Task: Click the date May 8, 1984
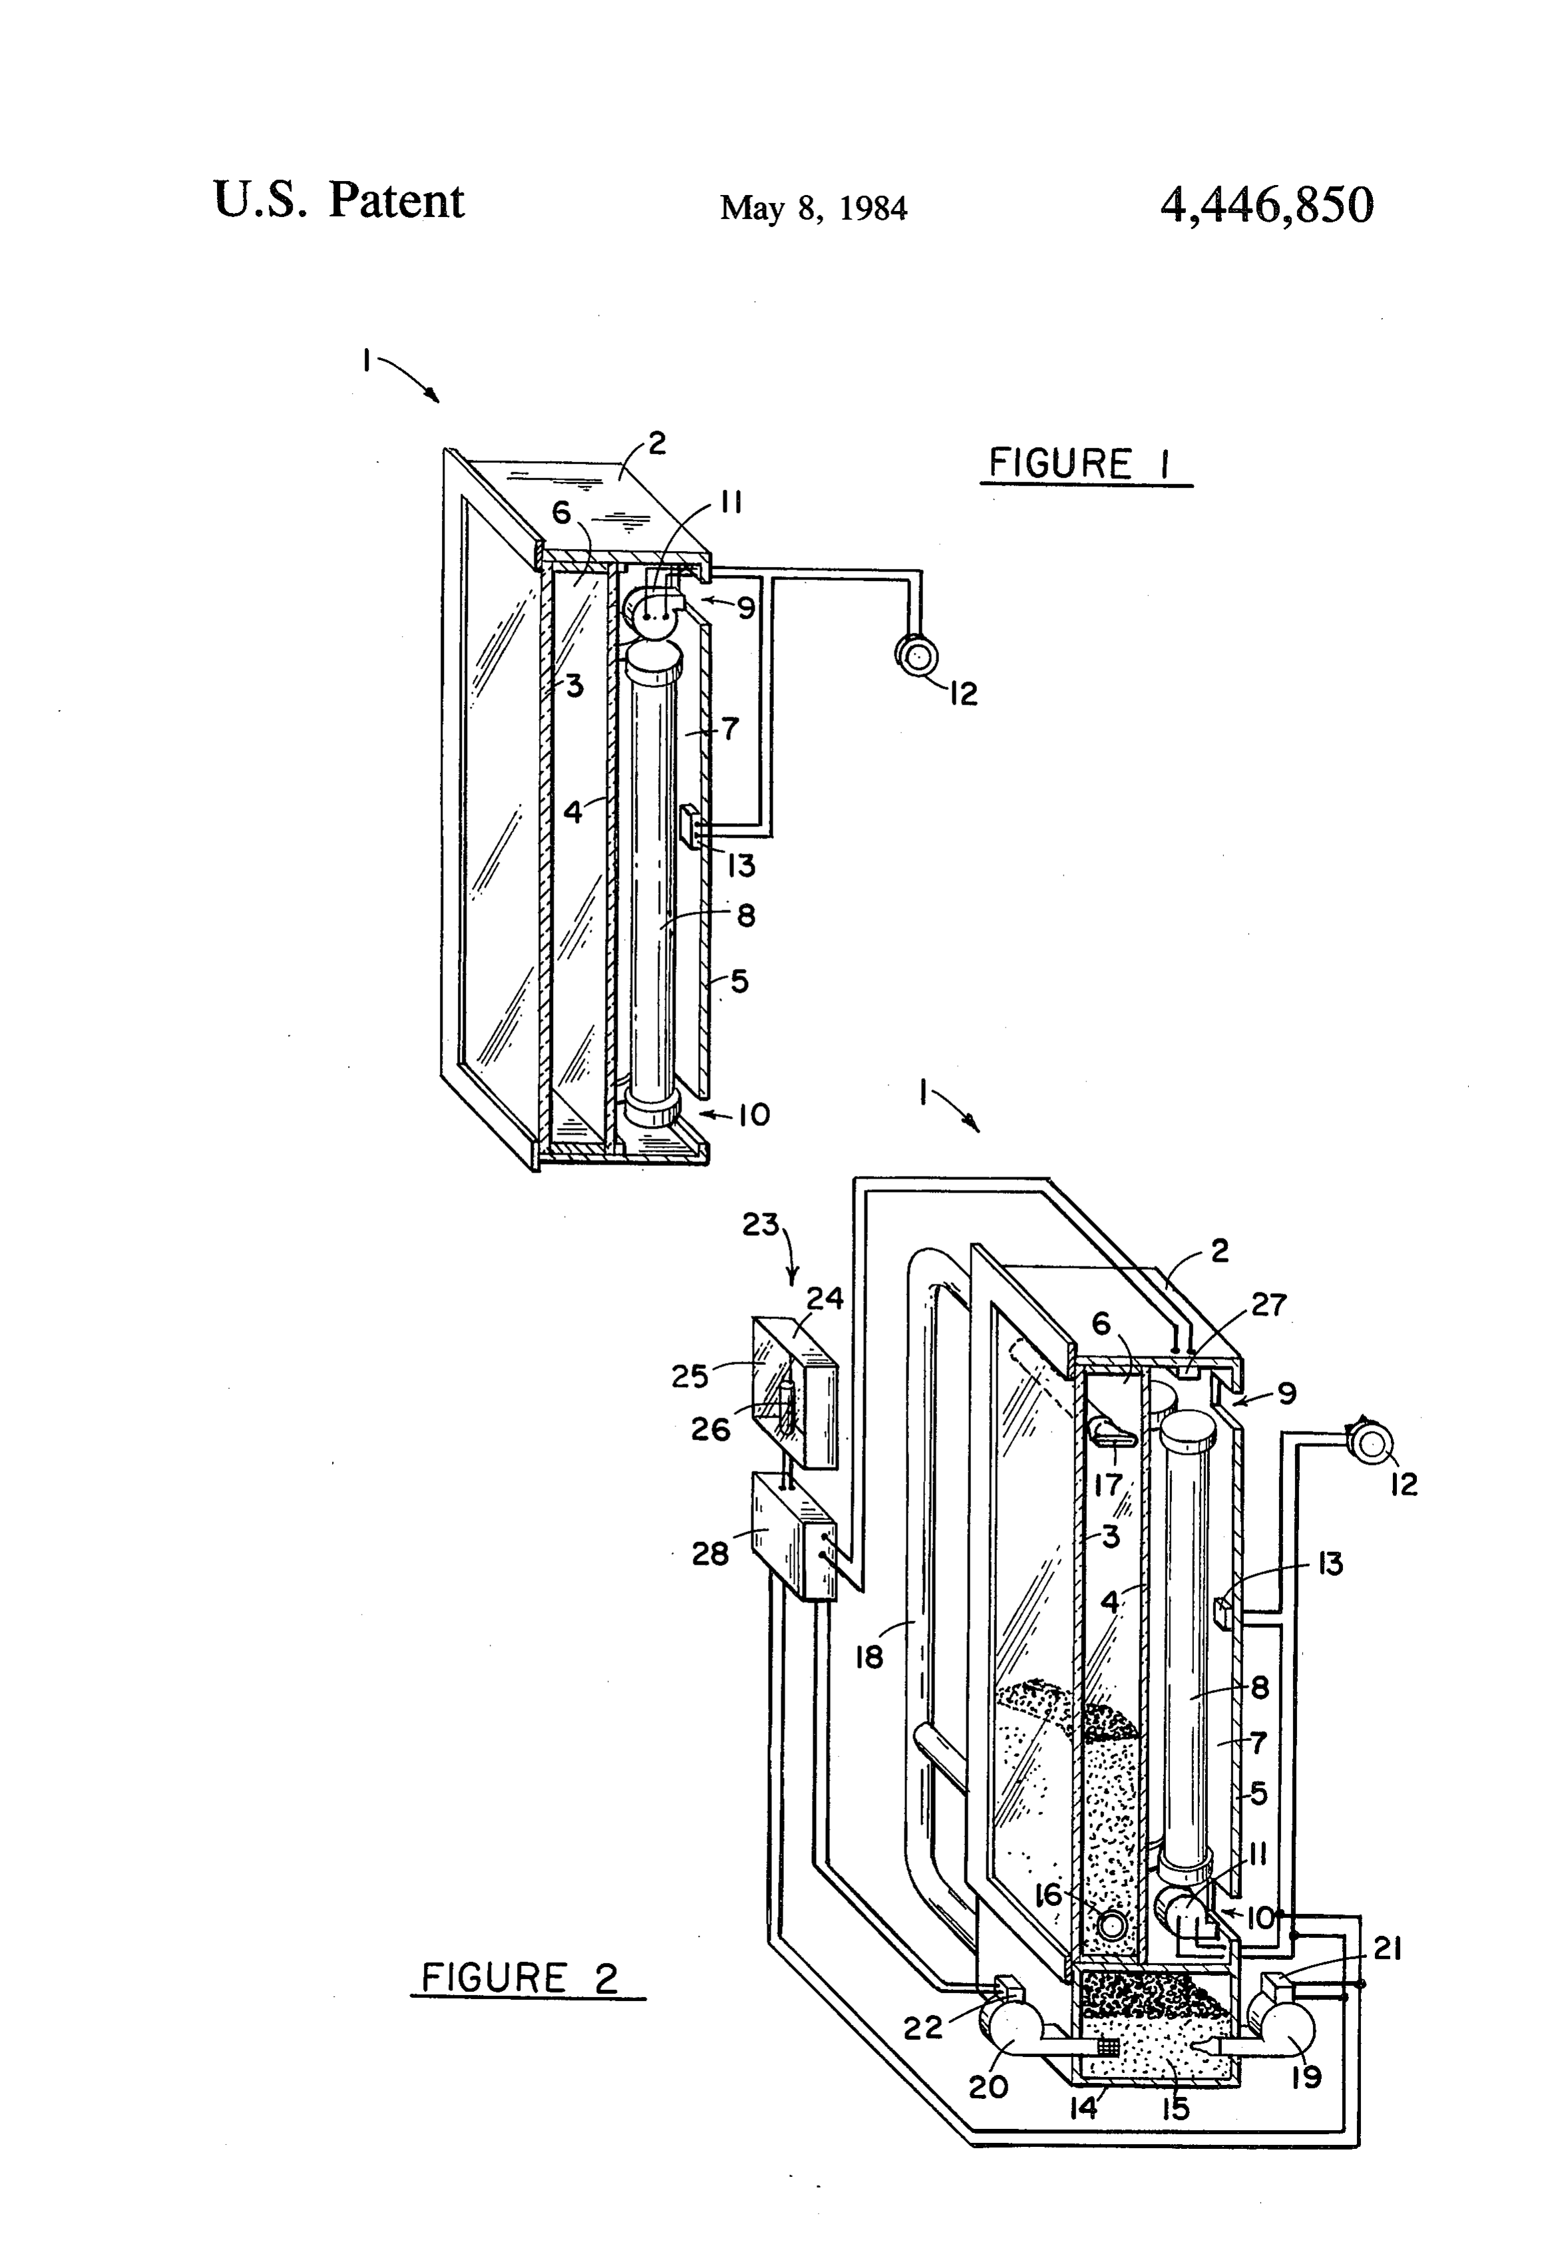click(x=813, y=208)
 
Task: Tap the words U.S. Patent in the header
click(x=339, y=200)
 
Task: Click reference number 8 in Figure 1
click(x=745, y=916)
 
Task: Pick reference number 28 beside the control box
click(x=711, y=1553)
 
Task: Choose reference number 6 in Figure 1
click(x=561, y=513)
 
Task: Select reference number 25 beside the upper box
click(x=689, y=1376)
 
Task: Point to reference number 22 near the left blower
click(x=922, y=2028)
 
